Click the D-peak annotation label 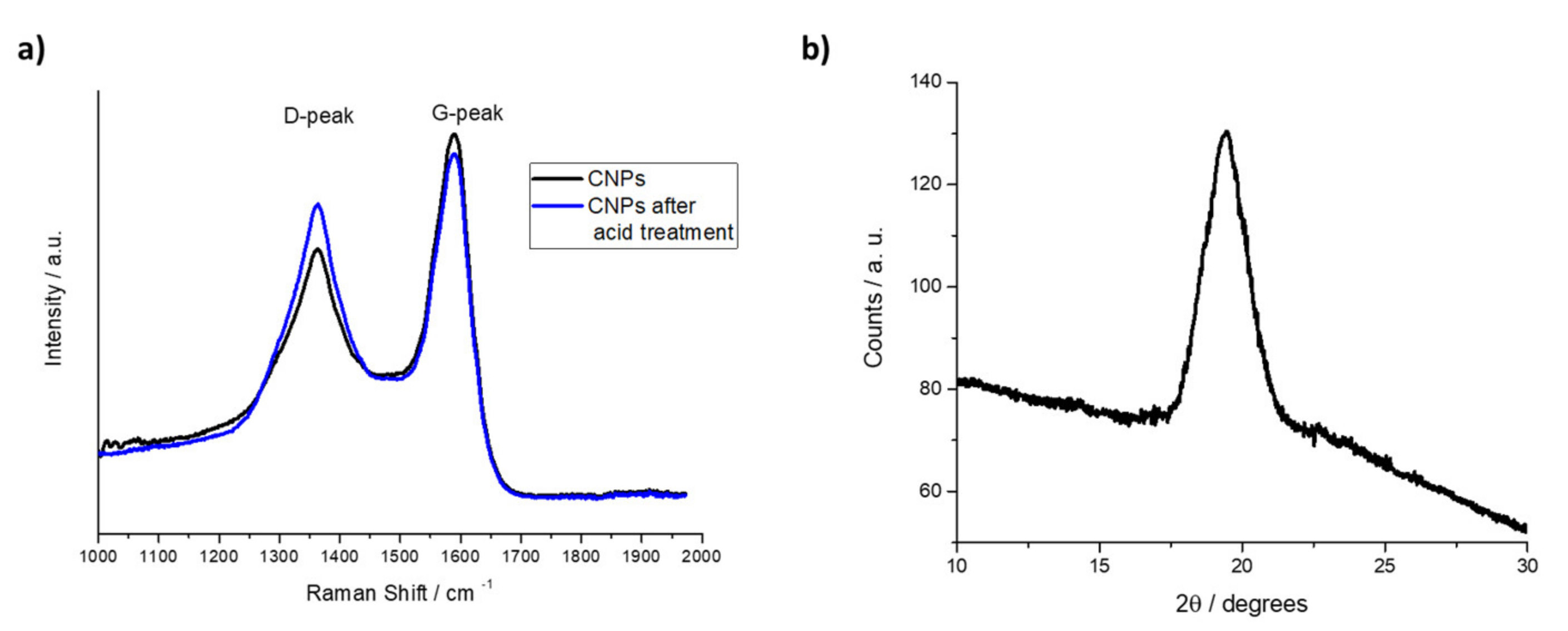(319, 116)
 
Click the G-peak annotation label (468, 114)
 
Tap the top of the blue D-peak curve (317, 205)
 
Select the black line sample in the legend (557, 179)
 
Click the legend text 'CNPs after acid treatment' (661, 219)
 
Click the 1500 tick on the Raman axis (399, 556)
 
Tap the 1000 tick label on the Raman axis (98, 556)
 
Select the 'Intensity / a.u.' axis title (54, 298)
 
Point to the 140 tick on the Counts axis (925, 82)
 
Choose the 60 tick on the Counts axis (930, 491)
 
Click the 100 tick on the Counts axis (925, 286)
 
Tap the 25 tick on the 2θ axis (1385, 566)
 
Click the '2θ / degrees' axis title (1242, 604)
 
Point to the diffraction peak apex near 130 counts (1226, 131)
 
